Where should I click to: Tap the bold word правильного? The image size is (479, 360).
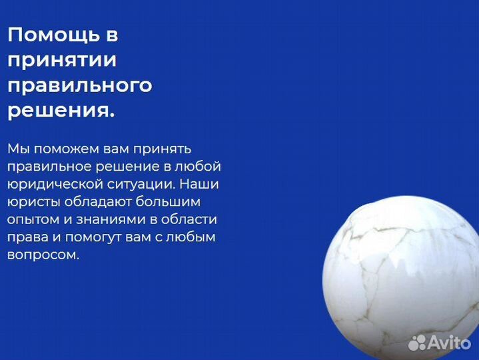pos(79,86)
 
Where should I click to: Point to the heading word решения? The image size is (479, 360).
pos(61,111)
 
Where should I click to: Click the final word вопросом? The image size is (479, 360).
pos(43,255)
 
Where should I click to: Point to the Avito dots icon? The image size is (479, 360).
pos(417,343)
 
